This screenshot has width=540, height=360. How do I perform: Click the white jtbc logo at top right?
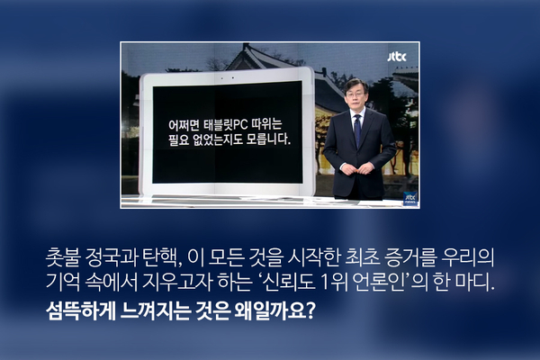[x=397, y=57]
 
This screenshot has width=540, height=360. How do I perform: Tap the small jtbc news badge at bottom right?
[x=410, y=198]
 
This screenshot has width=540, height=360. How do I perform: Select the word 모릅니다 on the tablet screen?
[x=268, y=139]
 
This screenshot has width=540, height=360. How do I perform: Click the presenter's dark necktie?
[x=358, y=130]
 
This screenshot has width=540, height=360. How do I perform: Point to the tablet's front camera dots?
[x=228, y=78]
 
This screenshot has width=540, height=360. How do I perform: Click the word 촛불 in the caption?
[x=63, y=257]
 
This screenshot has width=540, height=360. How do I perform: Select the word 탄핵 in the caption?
[x=161, y=257]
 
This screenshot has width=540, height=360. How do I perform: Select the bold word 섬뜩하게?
[x=81, y=310]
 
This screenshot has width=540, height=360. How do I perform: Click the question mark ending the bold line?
[x=310, y=310]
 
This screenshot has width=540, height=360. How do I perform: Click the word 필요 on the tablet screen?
[x=179, y=139]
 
